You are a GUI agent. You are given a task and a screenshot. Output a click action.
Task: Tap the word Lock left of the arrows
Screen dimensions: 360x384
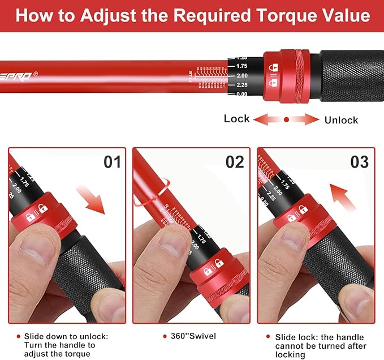(x=236, y=118)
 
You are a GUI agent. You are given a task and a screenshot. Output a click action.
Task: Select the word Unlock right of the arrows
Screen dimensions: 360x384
(x=341, y=119)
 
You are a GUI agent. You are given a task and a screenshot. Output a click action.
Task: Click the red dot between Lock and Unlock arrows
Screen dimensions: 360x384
(x=287, y=119)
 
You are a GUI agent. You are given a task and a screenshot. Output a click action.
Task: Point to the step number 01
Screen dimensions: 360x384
(x=113, y=162)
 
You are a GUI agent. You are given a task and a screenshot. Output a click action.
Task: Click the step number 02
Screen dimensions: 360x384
(x=235, y=162)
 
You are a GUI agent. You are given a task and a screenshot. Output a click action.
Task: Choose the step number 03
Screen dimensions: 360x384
(x=360, y=162)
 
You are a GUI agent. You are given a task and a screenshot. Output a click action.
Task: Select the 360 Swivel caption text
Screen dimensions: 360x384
(x=193, y=336)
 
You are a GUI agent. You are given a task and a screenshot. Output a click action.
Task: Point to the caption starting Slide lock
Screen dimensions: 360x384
(x=320, y=345)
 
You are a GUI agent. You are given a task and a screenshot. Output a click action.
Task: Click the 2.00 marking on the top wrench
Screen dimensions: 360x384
(x=241, y=76)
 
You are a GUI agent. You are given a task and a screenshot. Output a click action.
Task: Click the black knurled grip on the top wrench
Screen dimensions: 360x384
(x=351, y=75)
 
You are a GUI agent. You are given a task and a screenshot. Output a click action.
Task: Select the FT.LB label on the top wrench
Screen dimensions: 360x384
(x=191, y=76)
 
